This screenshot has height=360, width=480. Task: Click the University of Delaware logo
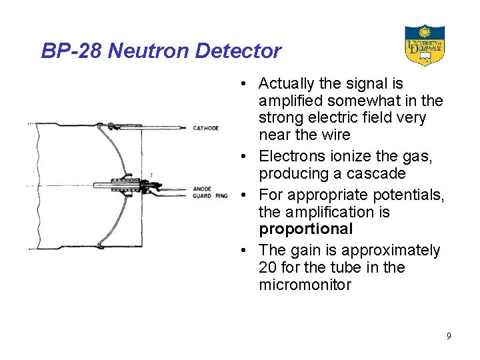point(425,45)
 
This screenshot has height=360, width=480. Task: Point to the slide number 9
point(449,336)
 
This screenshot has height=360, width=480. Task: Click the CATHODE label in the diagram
point(206,128)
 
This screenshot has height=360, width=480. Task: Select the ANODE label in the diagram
point(202,189)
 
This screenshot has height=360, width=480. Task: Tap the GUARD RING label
point(210,196)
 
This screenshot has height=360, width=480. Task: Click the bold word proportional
point(305,229)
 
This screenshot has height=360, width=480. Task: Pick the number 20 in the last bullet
point(268,267)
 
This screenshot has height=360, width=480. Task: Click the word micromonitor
point(305,285)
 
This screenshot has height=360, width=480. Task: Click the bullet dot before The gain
point(245,251)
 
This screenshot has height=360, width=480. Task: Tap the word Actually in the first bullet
point(286,83)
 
